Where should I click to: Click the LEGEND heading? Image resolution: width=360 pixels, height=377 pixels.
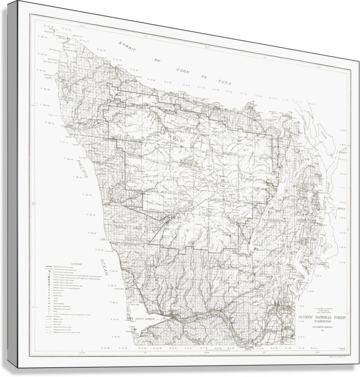click(77, 264)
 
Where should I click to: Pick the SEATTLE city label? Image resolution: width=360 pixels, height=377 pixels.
click(341, 209)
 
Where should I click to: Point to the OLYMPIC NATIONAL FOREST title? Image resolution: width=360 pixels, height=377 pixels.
click(321, 317)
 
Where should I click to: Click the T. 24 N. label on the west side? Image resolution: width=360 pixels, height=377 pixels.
click(87, 195)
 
